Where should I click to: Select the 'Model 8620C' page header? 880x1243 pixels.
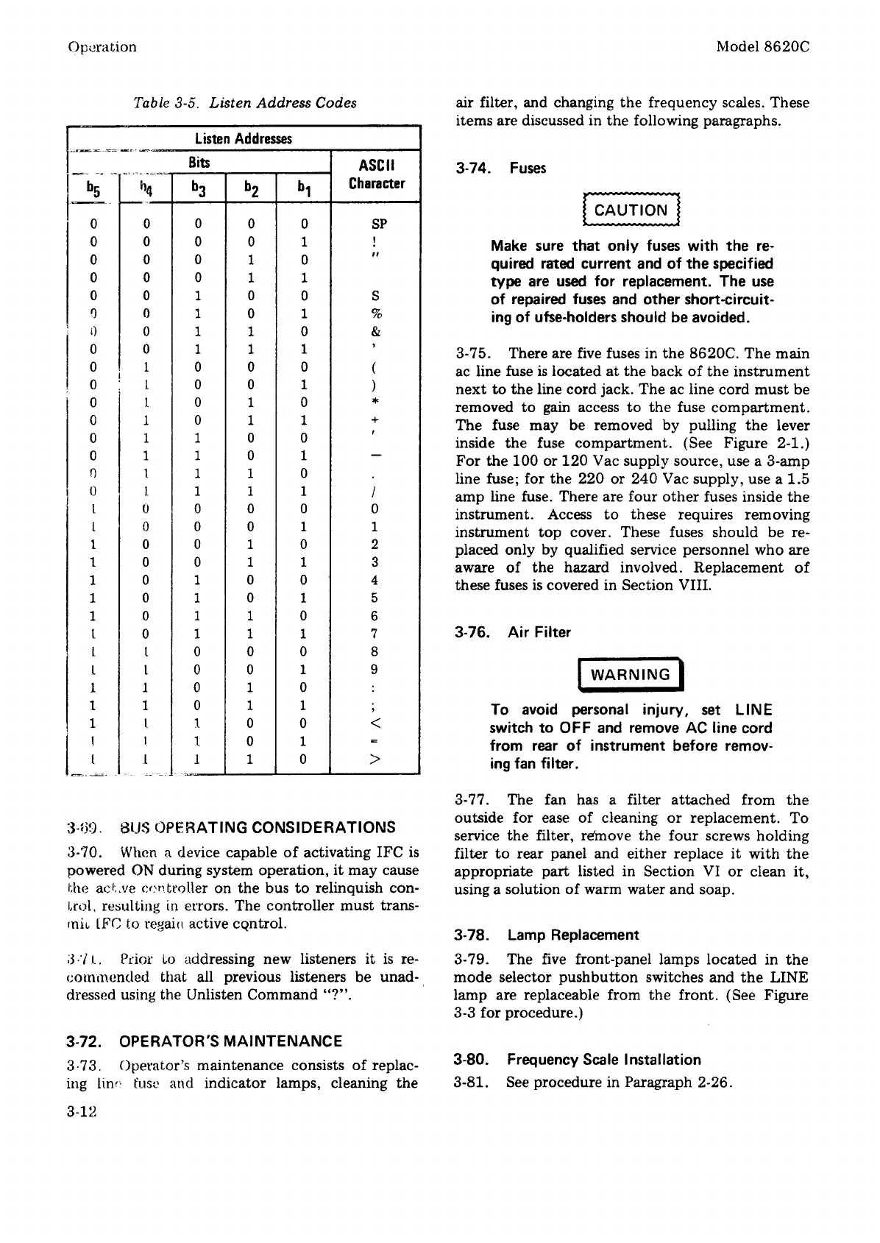coord(763,46)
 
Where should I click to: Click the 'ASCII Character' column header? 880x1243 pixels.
coord(377,174)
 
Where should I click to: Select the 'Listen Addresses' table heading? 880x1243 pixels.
coord(243,139)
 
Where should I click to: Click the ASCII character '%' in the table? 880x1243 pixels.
coord(375,314)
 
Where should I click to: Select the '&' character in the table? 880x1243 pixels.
coord(375,331)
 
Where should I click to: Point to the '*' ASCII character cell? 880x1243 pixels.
coord(375,403)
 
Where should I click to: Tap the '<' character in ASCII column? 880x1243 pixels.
coord(375,724)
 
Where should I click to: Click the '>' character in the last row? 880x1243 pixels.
coord(375,760)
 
